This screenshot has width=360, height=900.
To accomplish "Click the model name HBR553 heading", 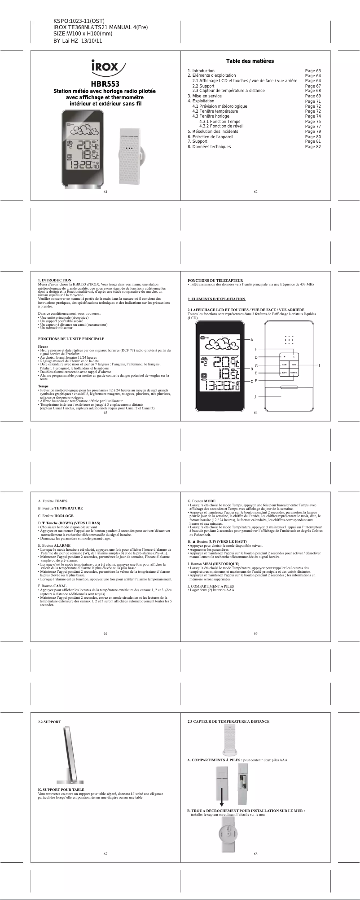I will tap(105, 84).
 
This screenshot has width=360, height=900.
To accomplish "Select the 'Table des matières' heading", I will tap(250, 61).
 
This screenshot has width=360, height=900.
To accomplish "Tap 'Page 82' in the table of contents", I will tap(312, 147).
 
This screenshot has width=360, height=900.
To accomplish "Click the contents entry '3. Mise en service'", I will tap(204, 96).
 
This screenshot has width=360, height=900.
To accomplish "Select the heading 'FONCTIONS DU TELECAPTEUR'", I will tap(215, 280).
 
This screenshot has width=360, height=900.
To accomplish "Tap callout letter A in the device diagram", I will tap(252, 340).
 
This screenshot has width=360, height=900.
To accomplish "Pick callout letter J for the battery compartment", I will tap(255, 396).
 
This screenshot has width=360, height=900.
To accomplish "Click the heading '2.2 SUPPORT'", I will tap(49, 722).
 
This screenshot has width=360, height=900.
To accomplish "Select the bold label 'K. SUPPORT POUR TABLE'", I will tap(61, 790).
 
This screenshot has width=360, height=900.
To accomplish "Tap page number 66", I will tap(255, 633).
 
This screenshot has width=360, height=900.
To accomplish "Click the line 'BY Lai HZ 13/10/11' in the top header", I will tap(78, 41).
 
